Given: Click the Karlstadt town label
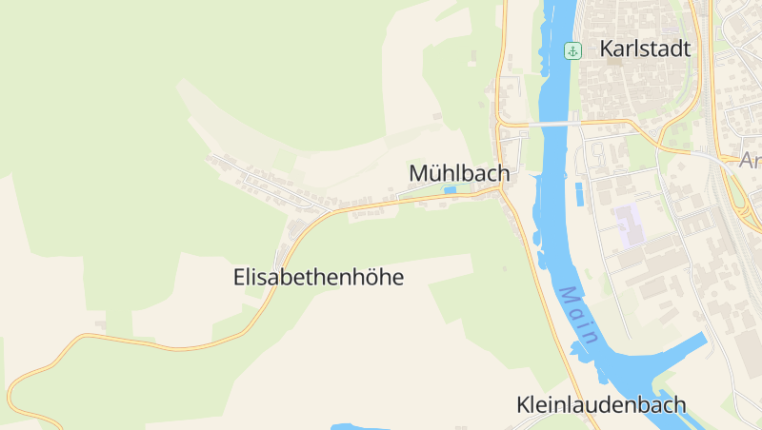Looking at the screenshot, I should [x=645, y=49].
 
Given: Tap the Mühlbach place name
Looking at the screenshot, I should [x=459, y=174].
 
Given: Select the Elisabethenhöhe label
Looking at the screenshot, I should [x=318, y=278].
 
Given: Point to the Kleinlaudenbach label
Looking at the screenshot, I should [x=601, y=404].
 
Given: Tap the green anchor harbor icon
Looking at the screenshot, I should [x=572, y=50].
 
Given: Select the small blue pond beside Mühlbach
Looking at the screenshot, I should [x=450, y=190].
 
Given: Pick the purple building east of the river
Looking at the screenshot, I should [x=628, y=221].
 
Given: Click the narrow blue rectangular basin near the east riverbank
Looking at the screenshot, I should [x=578, y=194].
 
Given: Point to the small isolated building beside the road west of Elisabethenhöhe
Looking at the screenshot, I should [x=100, y=324].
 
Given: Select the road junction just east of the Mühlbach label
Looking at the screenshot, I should [x=501, y=188].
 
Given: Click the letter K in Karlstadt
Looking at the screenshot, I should [x=608, y=49].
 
